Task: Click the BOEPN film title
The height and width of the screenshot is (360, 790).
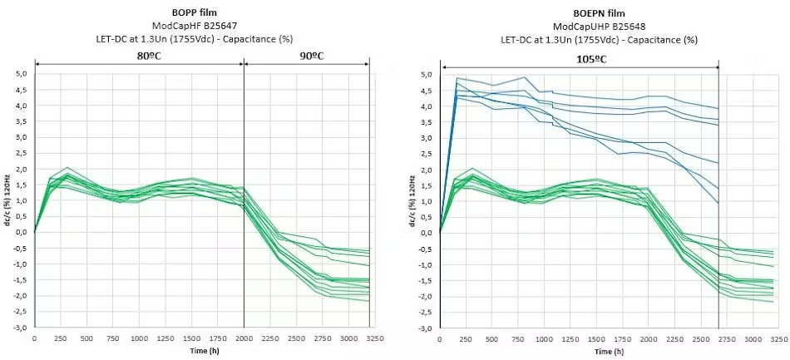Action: click(599, 13)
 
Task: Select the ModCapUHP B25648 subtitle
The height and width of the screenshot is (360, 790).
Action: click(599, 26)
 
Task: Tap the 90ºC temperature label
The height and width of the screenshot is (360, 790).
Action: click(308, 56)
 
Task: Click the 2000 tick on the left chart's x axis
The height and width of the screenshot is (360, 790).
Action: click(244, 338)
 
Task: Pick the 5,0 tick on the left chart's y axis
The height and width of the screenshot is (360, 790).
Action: click(22, 74)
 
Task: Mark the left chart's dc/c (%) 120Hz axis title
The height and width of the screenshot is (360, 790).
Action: click(7, 201)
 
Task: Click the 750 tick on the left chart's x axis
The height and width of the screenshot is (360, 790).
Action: click(113, 338)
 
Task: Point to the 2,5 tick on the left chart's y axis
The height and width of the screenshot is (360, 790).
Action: click(22, 153)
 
